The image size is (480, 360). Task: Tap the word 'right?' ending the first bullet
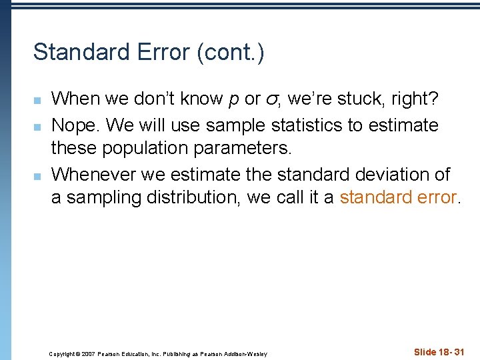pos(414,99)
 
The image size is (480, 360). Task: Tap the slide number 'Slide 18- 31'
pos(439,351)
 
